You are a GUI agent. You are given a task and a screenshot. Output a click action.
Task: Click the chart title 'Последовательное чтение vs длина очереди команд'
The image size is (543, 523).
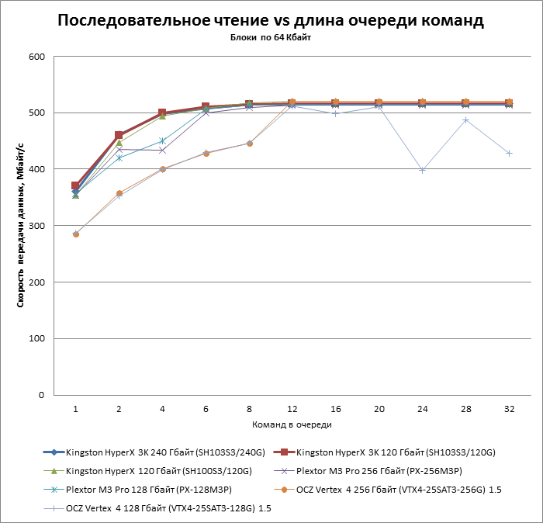point(271,21)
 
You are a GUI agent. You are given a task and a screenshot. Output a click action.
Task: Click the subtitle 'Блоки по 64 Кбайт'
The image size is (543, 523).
point(271,37)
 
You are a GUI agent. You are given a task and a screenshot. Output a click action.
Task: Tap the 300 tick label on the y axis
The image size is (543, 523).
point(36,226)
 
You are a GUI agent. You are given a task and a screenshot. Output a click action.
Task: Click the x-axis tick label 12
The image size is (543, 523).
point(292,408)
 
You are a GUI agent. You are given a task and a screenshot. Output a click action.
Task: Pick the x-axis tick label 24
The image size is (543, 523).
point(422,408)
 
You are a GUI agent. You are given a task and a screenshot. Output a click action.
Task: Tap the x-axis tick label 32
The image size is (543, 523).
point(509,408)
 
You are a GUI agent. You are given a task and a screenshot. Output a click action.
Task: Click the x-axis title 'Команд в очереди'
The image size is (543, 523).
point(292,424)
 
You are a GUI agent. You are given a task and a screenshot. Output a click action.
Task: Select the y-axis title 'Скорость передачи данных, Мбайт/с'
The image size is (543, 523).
point(21,226)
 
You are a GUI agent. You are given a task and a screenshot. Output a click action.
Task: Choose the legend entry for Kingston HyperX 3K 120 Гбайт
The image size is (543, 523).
point(396,452)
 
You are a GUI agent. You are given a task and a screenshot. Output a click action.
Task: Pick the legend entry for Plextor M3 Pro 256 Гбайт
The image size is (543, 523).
point(372,470)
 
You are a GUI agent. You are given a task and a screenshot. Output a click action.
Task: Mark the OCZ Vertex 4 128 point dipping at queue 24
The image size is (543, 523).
point(422,170)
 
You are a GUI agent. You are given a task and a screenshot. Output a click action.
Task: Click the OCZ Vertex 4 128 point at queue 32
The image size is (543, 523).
point(509,154)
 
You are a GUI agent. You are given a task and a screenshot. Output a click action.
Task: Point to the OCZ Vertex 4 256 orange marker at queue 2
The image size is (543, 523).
point(119,193)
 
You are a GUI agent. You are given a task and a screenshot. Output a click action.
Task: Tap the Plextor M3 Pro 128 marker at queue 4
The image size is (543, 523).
point(162,140)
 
